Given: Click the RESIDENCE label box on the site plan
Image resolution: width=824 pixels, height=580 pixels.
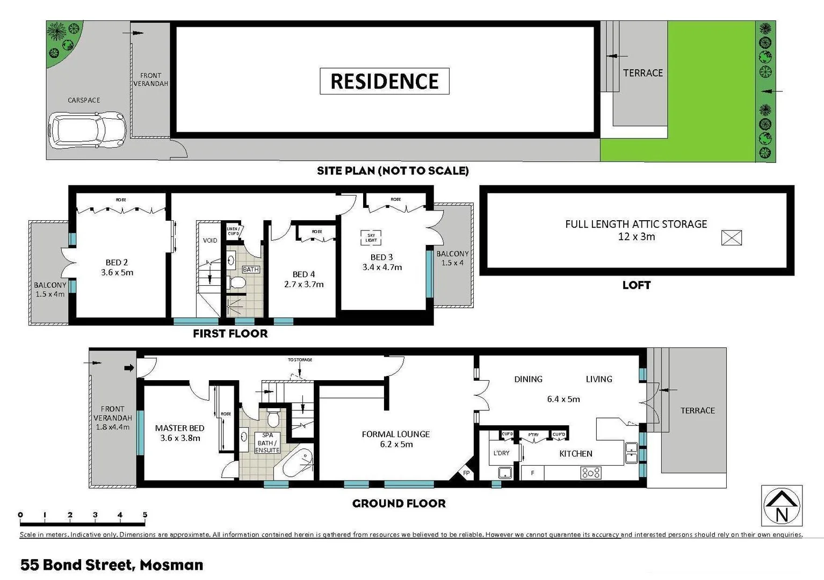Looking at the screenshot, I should [384, 81].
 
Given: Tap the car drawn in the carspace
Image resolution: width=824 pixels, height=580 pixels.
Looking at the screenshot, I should [87, 129].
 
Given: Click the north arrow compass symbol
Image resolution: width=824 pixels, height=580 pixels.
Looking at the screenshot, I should [782, 505].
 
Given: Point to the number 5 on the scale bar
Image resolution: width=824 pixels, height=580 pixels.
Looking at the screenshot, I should [144, 514].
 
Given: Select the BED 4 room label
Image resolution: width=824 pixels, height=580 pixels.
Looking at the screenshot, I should [303, 274].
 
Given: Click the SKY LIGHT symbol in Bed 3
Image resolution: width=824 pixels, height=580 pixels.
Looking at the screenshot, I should [371, 237].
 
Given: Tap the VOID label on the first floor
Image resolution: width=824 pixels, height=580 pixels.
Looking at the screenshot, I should [210, 240].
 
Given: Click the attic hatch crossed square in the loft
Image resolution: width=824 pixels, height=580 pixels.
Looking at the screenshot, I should [731, 237].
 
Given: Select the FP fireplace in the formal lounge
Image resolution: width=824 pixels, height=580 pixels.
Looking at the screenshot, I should [466, 473].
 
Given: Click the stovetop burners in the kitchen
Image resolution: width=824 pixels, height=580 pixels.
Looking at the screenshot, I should [591, 473].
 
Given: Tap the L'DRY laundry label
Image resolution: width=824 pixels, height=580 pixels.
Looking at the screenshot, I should [501, 453].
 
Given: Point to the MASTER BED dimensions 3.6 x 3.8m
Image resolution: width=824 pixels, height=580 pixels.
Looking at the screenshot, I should [180, 438].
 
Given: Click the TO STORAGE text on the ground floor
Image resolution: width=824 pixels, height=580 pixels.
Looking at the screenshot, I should [300, 359].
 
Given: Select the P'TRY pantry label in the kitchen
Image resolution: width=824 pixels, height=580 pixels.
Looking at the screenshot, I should [533, 434].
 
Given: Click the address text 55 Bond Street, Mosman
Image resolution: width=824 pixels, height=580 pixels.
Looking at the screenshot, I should [112, 565].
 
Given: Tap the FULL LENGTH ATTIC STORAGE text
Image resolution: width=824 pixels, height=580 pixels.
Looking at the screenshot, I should [636, 224].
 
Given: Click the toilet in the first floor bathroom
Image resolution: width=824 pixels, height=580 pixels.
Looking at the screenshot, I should [236, 282].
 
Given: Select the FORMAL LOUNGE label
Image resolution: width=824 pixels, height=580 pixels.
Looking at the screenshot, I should [396, 434].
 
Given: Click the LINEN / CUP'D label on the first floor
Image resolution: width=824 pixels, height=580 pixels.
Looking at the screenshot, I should [233, 231].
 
